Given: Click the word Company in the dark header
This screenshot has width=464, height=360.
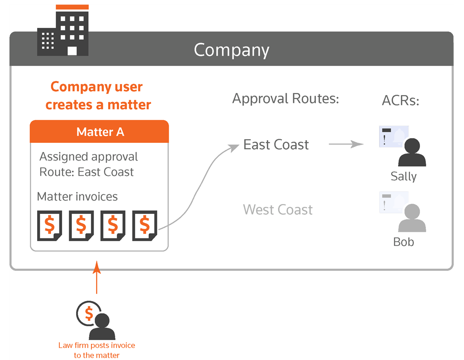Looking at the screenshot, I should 231,50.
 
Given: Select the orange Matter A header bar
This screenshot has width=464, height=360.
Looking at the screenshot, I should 99,132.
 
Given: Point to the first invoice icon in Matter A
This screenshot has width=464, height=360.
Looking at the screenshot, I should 50,225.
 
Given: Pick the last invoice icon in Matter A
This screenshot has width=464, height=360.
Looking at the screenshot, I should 145,225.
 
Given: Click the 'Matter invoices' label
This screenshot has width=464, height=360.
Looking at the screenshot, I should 77,197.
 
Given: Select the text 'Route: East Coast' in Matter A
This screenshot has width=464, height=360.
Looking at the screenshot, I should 86,172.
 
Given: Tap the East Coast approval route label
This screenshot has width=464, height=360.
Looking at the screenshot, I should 276,145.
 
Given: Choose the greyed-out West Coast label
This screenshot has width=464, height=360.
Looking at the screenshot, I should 278,210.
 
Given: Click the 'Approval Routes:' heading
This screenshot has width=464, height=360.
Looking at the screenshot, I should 285,99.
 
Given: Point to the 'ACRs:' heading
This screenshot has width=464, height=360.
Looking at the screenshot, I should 400,101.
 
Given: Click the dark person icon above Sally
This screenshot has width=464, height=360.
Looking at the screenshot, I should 412,152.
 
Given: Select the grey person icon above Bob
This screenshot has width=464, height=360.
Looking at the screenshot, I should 412,218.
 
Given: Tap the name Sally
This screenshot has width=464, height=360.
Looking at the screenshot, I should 403,177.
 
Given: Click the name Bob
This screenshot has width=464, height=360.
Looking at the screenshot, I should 403,242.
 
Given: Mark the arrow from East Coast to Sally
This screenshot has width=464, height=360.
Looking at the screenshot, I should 346,144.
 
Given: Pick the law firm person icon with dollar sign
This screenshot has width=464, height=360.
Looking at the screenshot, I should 97,320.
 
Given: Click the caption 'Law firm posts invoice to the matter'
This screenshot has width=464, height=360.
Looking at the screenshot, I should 97,350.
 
